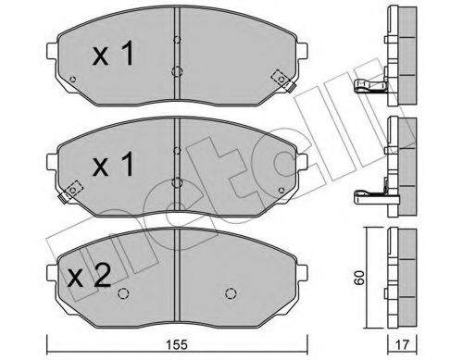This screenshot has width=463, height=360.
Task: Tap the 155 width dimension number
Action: pos(180,343)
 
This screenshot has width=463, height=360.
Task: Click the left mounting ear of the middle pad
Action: pos(48,148)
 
